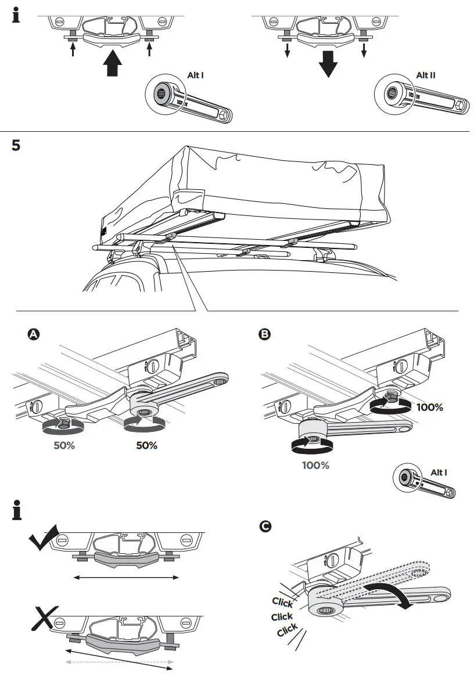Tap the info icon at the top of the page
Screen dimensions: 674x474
coord(16,16)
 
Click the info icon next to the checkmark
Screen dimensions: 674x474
coord(16,511)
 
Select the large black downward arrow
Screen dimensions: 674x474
coord(328,64)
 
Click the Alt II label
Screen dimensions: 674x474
coord(426,75)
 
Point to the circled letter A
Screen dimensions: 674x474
coord(34,334)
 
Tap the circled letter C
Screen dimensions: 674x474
coord(264,527)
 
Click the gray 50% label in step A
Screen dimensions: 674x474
coord(64,446)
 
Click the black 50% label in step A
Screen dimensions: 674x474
coord(146,446)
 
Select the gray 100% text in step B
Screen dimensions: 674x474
coord(315,465)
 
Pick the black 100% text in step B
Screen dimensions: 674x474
coord(430,408)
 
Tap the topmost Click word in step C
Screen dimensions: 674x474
coord(282,602)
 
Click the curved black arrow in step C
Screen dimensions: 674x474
coord(389,595)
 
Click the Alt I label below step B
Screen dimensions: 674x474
coord(439,473)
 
